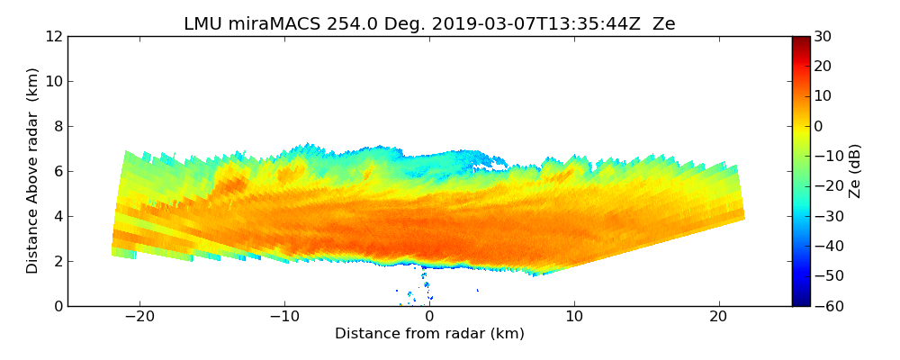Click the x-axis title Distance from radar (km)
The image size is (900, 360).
(x=429, y=334)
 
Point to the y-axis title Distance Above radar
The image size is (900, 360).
(x=33, y=170)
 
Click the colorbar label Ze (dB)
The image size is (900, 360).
(x=855, y=170)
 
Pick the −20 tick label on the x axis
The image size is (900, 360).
(x=139, y=318)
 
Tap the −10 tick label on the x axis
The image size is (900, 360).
(x=284, y=318)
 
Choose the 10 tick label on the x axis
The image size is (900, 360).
(x=574, y=318)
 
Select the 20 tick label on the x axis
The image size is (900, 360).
(x=718, y=318)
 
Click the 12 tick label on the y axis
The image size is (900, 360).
(x=53, y=37)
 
